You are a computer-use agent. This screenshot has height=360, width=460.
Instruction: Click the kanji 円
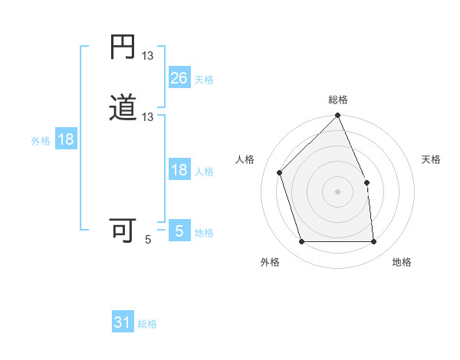click(x=123, y=47)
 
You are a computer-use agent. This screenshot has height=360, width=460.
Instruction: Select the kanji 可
click(x=123, y=230)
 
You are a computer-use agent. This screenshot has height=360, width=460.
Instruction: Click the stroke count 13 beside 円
click(x=148, y=55)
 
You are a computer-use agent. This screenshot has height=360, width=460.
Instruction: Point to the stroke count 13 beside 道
click(x=148, y=116)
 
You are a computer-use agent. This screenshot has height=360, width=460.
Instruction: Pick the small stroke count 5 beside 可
click(x=148, y=239)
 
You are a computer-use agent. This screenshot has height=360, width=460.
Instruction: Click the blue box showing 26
click(x=179, y=78)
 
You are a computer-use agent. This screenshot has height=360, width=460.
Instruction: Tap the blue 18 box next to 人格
click(x=179, y=170)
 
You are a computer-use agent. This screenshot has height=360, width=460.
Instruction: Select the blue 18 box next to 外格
click(x=65, y=139)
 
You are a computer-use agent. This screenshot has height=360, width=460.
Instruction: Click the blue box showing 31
click(x=123, y=323)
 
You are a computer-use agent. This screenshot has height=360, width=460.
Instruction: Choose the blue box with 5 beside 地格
click(x=179, y=231)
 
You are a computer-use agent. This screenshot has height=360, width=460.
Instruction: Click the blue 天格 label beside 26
click(x=204, y=80)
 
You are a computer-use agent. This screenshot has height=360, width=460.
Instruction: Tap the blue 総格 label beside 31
click(x=147, y=325)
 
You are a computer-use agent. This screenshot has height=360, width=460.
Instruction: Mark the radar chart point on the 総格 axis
click(x=337, y=116)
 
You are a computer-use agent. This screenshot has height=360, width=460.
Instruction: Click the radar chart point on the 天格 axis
click(x=366, y=182)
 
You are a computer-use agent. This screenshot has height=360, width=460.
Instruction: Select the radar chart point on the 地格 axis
click(x=373, y=242)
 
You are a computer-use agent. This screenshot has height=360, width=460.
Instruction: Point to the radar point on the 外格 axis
click(x=301, y=242)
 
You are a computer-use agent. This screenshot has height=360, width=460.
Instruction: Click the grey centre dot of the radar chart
click(x=337, y=191)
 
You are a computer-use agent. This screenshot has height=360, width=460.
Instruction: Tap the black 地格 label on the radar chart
click(x=402, y=263)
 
